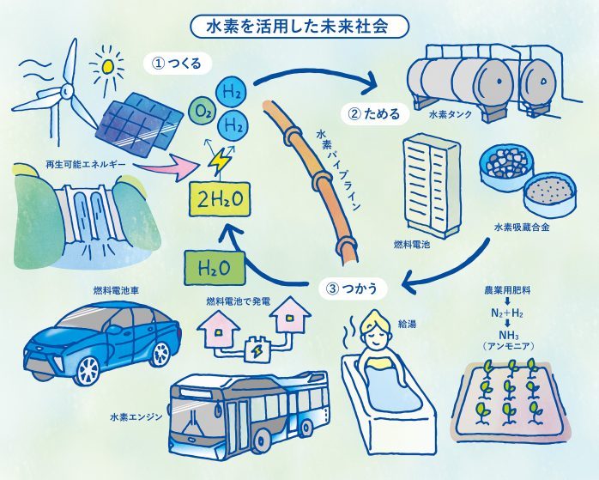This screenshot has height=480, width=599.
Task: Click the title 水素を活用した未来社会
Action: point(299,27)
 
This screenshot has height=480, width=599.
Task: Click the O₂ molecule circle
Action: point(204,112)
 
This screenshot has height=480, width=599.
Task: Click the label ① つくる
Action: point(176,64)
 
